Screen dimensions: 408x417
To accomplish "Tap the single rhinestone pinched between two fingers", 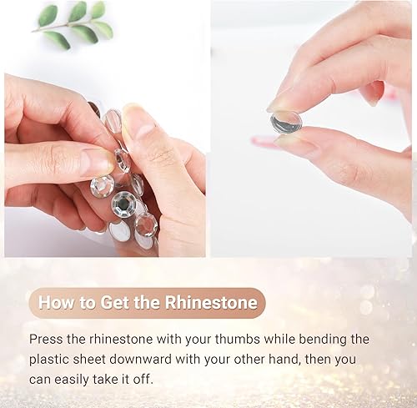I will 286,123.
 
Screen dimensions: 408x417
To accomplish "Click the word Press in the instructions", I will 47,340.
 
